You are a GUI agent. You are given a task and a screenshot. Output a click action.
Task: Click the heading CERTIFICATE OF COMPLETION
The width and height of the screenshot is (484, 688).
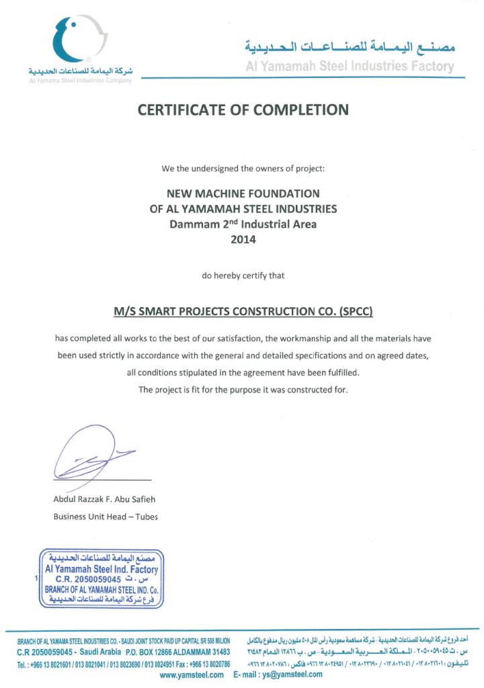[243, 110]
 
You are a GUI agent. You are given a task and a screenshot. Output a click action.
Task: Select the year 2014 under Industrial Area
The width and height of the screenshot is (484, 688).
[243, 238]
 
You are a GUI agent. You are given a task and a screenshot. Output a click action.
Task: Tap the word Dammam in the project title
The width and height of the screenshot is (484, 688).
[192, 224]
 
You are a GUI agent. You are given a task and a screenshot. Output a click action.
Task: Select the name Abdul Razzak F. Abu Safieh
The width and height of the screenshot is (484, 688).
[105, 499]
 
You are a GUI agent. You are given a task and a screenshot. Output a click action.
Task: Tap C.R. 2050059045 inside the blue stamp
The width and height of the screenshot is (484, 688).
[88, 578]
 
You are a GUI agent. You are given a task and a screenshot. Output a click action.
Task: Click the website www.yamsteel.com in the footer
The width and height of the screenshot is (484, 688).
[192, 675]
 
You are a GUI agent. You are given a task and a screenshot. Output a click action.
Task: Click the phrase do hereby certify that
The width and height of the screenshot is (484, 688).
[243, 275]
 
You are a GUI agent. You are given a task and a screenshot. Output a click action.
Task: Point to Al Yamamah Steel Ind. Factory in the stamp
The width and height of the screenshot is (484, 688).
[102, 569]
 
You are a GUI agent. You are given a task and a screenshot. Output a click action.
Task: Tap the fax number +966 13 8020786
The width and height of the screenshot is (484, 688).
[204, 663]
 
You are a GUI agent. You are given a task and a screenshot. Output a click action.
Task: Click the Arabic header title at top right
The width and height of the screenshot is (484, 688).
[350, 47]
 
